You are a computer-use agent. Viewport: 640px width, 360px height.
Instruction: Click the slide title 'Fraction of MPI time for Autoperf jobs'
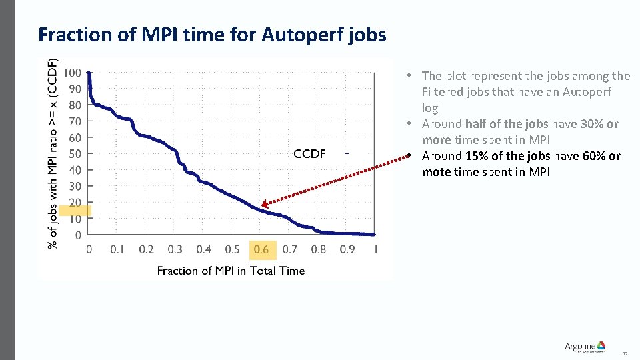[212, 34]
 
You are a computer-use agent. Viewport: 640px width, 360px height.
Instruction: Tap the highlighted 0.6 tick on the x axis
[261, 250]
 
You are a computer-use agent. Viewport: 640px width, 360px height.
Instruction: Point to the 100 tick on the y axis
[73, 73]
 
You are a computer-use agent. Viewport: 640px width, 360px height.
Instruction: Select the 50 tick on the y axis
[75, 154]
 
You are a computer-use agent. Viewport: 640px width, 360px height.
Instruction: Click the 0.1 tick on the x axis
[117, 250]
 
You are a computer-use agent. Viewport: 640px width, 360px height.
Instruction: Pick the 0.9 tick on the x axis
[347, 250]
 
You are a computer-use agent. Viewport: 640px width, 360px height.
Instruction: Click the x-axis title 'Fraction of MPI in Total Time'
[231, 271]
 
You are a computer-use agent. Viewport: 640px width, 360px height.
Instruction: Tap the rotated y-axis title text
[53, 152]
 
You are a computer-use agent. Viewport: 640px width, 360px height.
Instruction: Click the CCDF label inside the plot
[309, 155]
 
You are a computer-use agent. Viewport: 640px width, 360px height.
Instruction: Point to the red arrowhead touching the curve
[265, 205]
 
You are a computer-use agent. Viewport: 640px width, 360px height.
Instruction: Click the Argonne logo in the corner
[585, 347]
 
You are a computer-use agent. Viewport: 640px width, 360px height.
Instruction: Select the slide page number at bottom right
[625, 353]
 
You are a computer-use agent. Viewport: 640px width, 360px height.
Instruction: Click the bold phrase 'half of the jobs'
[506, 124]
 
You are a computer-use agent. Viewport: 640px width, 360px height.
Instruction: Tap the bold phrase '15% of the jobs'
[507, 156]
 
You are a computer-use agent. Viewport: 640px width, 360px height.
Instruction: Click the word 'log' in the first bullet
[430, 108]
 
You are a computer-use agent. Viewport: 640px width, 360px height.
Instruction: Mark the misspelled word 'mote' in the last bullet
[436, 172]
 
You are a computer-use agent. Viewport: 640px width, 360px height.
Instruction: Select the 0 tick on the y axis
[78, 235]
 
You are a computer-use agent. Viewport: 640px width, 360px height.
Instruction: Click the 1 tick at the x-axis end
[376, 250]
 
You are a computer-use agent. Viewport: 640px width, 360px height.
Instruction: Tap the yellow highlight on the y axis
[75, 211]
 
